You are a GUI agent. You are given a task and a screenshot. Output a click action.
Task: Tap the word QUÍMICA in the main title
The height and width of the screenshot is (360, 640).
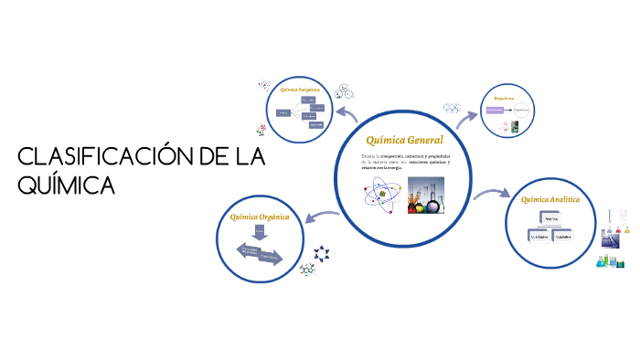click(67, 185)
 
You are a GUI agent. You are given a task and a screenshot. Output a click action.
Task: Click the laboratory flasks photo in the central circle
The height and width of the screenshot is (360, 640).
click(427, 195)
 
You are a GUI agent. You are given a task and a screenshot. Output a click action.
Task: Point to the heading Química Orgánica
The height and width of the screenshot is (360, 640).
click(260, 217)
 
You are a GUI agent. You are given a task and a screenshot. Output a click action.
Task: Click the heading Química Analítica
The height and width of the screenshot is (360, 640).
click(549, 198)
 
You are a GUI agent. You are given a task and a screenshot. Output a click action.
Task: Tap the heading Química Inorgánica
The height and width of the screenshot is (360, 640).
click(302, 90)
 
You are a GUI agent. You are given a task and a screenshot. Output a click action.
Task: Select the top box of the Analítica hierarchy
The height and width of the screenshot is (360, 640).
click(550, 220)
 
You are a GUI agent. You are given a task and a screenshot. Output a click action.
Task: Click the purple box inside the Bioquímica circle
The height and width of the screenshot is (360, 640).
click(495, 110)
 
